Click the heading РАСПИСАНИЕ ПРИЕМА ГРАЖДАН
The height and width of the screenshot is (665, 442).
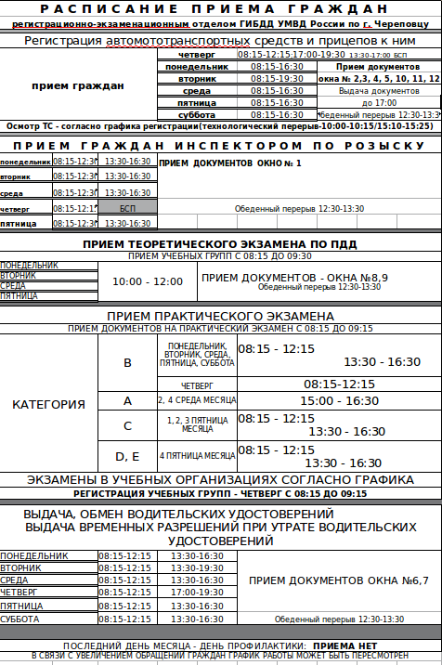pyautogui.click(x=221, y=9)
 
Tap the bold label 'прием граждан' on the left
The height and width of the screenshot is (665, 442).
pyautogui.click(x=77, y=85)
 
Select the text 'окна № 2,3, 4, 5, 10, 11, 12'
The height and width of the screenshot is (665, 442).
pyautogui.click(x=379, y=79)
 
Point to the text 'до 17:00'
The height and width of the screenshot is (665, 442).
pyautogui.click(x=379, y=102)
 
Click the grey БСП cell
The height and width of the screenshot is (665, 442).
pyautogui.click(x=127, y=208)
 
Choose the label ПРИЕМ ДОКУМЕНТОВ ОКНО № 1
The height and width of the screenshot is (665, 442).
pyautogui.click(x=230, y=163)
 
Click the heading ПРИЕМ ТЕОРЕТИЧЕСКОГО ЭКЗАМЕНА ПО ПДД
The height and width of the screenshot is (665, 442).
pyautogui.click(x=220, y=244)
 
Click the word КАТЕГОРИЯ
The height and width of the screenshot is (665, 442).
pyautogui.click(x=48, y=405)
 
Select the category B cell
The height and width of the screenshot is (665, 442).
pyautogui.click(x=127, y=362)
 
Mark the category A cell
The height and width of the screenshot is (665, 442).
pyautogui.click(x=127, y=400)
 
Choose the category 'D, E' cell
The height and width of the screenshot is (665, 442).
pyautogui.click(x=127, y=455)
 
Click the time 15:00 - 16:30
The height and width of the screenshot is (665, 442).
pyautogui.click(x=339, y=400)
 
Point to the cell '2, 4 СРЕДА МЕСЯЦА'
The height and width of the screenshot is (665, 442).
pyautogui.click(x=197, y=400)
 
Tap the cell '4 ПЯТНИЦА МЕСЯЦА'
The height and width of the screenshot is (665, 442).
pyautogui.click(x=197, y=455)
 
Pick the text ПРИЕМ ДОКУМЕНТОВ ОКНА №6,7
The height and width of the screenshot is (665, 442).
pyautogui.click(x=339, y=580)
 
